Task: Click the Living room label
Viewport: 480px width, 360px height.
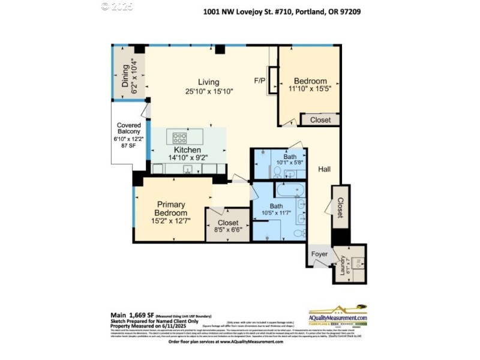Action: [209, 82]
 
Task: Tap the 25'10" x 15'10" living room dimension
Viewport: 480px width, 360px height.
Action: [209, 91]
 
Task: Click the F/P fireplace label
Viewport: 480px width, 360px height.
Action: [260, 80]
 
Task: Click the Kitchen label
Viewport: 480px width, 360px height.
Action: [188, 150]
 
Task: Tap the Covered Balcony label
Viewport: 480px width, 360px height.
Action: [128, 128]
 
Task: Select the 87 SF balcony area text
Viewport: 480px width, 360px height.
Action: [128, 146]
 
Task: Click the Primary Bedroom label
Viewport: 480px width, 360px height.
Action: [170, 208]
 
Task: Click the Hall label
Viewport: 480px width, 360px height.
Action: [325, 170]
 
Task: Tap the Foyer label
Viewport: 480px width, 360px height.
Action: [319, 254]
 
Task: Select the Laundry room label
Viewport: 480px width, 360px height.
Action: [343, 263]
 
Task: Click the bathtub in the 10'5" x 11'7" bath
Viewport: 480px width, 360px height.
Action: [290, 190]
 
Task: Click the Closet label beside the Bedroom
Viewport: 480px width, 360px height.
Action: [320, 120]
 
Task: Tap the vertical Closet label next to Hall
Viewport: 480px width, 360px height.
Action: [340, 208]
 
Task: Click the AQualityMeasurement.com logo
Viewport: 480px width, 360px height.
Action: [338, 319]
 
